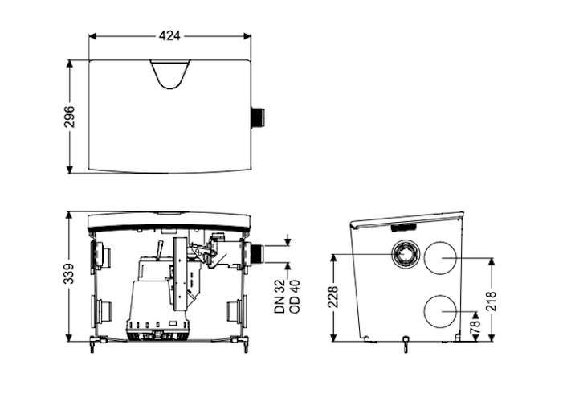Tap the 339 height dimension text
tap(70, 273)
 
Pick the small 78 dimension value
tap(475, 328)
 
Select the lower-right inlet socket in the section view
tap(235, 310)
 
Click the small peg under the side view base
tap(406, 345)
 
